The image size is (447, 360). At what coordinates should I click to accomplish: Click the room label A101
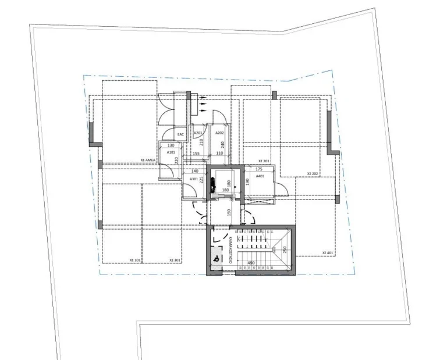tap(171, 152)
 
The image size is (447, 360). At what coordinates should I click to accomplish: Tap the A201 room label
tap(198, 133)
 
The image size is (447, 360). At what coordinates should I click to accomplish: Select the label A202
tap(219, 133)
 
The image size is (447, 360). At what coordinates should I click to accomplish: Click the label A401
tap(260, 176)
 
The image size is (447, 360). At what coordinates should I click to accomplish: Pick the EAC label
tap(180, 134)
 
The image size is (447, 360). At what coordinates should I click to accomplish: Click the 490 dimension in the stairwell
tap(251, 263)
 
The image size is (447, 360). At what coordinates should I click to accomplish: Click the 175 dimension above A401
tap(259, 169)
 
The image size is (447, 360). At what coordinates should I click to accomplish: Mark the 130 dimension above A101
tap(171, 146)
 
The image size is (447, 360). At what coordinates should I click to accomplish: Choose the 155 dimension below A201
tap(196, 154)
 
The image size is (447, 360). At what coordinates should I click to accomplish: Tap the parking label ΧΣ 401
tap(328, 253)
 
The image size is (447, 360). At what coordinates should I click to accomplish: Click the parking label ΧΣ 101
tap(136, 260)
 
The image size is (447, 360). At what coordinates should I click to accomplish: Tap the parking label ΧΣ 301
tap(175, 260)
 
